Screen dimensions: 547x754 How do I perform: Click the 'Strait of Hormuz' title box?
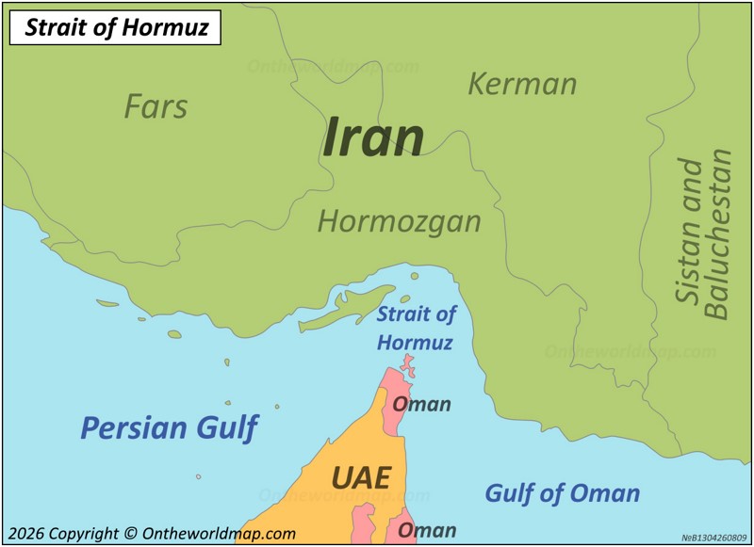[115, 27]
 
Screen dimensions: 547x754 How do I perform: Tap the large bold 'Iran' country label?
[373, 137]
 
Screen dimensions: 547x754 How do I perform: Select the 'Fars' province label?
[156, 106]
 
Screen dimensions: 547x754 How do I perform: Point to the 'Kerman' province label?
[522, 84]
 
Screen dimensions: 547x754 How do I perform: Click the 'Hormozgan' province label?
[399, 221]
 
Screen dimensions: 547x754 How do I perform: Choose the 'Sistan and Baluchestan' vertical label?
[703, 233]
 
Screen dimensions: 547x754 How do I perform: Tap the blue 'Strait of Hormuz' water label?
[416, 328]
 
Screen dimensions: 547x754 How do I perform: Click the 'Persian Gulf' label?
[169, 427]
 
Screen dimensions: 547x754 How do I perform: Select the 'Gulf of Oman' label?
[562, 492]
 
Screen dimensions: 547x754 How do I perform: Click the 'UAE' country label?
[360, 477]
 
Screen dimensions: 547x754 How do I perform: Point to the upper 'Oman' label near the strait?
[421, 404]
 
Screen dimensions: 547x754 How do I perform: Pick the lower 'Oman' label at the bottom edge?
[426, 530]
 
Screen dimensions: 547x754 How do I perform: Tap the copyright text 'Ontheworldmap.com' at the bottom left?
[219, 533]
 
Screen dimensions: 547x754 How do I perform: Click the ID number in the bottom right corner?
[714, 538]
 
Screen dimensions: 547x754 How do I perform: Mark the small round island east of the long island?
[414, 276]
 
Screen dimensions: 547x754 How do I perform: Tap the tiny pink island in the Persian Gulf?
[198, 476]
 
